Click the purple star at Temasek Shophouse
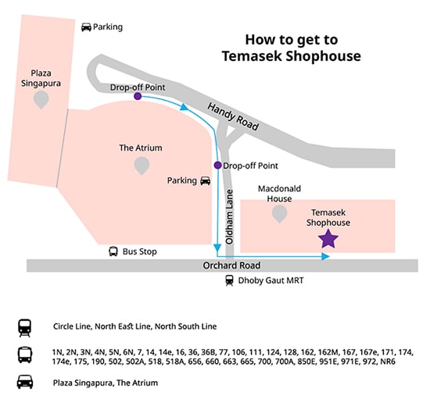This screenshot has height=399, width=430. coord(328,238)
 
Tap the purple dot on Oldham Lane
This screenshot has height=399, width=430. coord(218,165)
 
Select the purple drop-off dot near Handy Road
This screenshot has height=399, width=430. coord(138,96)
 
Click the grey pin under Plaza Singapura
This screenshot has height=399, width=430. coord(41,100)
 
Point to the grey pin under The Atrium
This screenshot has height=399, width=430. coord(142,166)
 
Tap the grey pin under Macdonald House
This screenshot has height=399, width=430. coord(279,214)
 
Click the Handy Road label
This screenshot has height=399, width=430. coord(233,116)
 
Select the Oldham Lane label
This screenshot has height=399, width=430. coord(229,217)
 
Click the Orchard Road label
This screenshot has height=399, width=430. coord(231,265)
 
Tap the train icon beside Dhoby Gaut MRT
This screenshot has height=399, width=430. coord(229,280)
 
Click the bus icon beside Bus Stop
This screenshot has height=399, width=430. coord(113,251)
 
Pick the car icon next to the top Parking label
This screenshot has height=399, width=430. coord(86,27)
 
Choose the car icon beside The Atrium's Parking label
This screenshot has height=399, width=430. coord(206,180)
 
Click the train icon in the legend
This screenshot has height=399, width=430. coord(25,327)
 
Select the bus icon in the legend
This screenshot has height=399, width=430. coord(25,355)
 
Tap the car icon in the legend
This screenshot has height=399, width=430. coord(25,382)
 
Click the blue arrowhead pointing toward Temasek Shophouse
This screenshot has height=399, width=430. coord(325,256)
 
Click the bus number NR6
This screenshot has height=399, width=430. coord(388,362)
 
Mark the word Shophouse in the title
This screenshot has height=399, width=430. coord(324,56)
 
